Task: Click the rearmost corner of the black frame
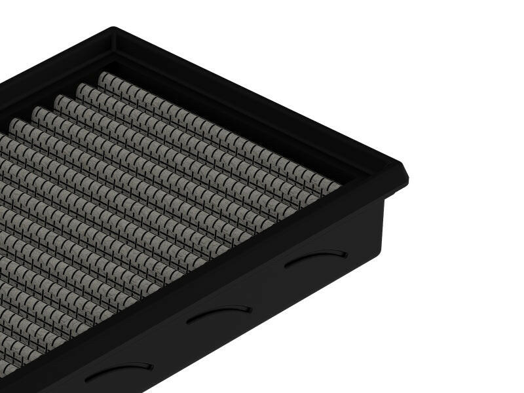113,30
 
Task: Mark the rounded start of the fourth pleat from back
38,112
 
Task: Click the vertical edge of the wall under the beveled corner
383,226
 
